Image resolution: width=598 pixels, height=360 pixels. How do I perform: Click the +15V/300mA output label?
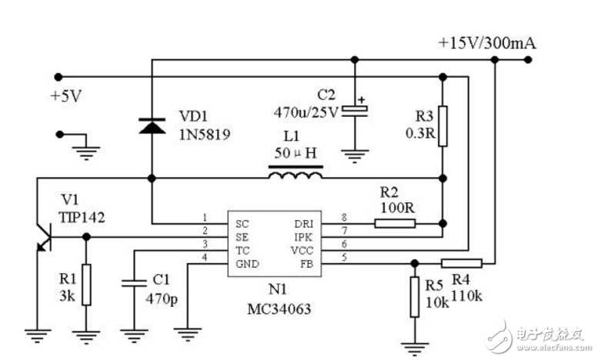(x=486, y=42)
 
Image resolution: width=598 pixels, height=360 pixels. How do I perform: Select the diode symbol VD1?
(x=152, y=125)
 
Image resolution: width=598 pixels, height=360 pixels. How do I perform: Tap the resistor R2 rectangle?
(x=395, y=224)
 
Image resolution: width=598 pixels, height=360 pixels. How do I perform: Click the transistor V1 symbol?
(x=42, y=236)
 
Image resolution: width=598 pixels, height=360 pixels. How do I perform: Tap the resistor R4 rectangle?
(x=462, y=262)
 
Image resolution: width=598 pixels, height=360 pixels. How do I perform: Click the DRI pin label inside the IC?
(x=303, y=223)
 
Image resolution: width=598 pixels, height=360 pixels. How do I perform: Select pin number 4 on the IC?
(x=204, y=257)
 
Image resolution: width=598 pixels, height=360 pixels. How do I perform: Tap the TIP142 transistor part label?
(x=82, y=217)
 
